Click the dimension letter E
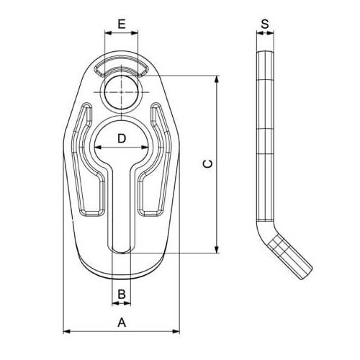click(x=122, y=24)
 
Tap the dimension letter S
click(x=265, y=24)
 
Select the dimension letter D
click(x=122, y=138)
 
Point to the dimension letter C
click(x=207, y=164)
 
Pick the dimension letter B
click(x=122, y=294)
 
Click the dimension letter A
click(x=122, y=323)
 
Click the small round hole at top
click(x=122, y=92)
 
